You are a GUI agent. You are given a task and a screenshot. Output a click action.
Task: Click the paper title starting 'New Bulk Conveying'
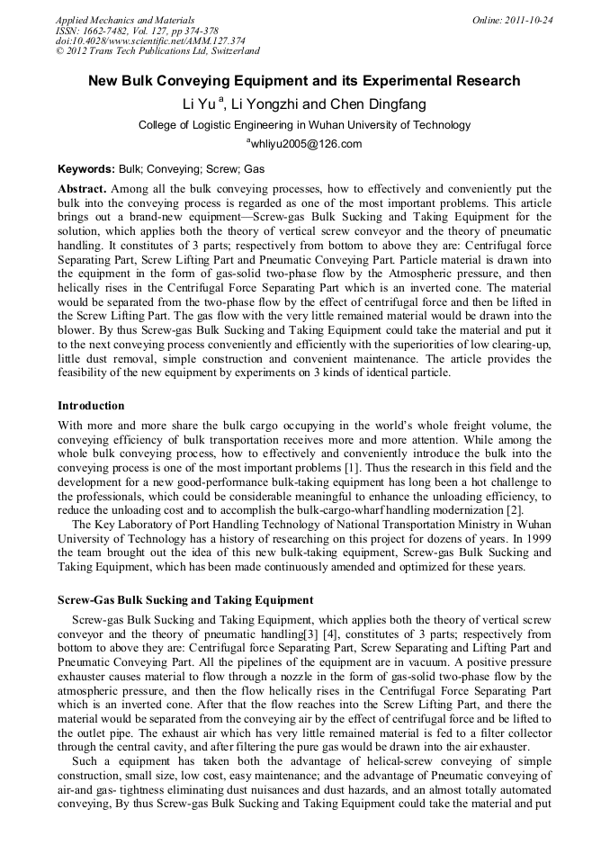tap(304, 81)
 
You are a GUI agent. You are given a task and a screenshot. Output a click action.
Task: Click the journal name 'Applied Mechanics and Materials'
tap(125, 20)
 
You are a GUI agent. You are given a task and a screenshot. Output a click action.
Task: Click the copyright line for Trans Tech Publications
tap(157, 51)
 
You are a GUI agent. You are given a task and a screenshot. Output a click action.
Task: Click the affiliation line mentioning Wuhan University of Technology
tap(304, 125)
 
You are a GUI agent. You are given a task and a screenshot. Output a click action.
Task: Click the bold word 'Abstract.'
tap(83, 190)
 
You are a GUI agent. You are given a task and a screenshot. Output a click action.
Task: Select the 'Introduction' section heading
tap(91, 406)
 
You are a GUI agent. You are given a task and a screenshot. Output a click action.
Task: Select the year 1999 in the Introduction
tap(536, 538)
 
